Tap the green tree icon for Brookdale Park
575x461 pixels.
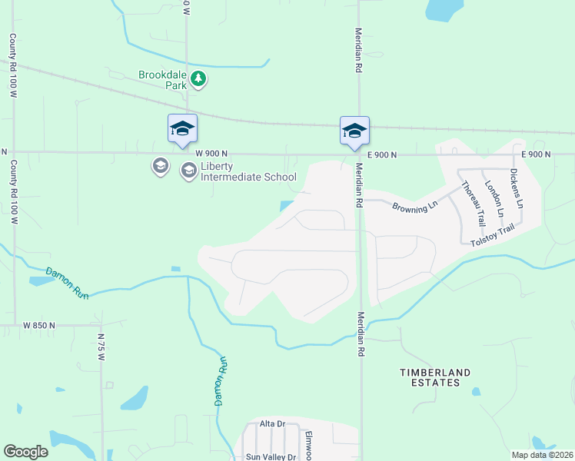pyautogui.click(x=198, y=79)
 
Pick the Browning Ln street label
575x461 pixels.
pyautogui.click(x=414, y=206)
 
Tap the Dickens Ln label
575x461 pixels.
pyautogui.click(x=517, y=194)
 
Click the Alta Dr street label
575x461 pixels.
pyautogui.click(x=272, y=423)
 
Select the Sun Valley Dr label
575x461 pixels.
pyautogui.click(x=270, y=456)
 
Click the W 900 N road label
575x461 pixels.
pyautogui.click(x=212, y=154)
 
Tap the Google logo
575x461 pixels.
pyautogui.click(x=25, y=452)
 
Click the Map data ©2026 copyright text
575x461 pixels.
pyautogui.click(x=542, y=455)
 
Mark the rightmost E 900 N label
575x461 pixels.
pyautogui.click(x=536, y=154)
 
